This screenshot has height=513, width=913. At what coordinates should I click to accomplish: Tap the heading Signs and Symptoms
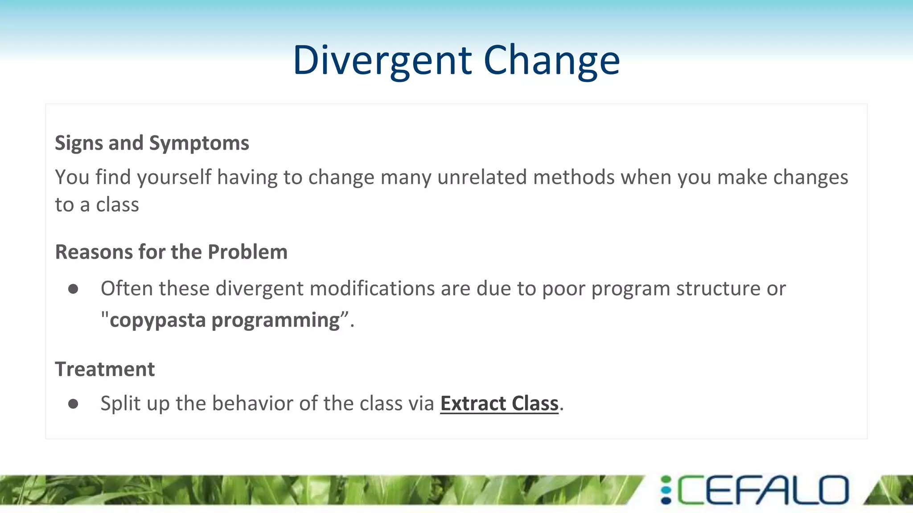(152, 143)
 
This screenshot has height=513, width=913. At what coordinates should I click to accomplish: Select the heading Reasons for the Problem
(171, 252)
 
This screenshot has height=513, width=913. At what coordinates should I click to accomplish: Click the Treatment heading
(105, 369)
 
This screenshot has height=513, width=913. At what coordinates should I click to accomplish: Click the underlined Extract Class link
(499, 403)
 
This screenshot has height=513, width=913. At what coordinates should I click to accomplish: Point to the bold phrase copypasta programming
(225, 320)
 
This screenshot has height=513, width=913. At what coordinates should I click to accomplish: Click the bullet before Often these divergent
(73, 289)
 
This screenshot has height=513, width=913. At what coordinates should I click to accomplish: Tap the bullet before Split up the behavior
(73, 404)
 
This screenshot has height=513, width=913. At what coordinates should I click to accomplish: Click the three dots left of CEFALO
(666, 490)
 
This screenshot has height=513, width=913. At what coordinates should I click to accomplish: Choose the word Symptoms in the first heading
(199, 143)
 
